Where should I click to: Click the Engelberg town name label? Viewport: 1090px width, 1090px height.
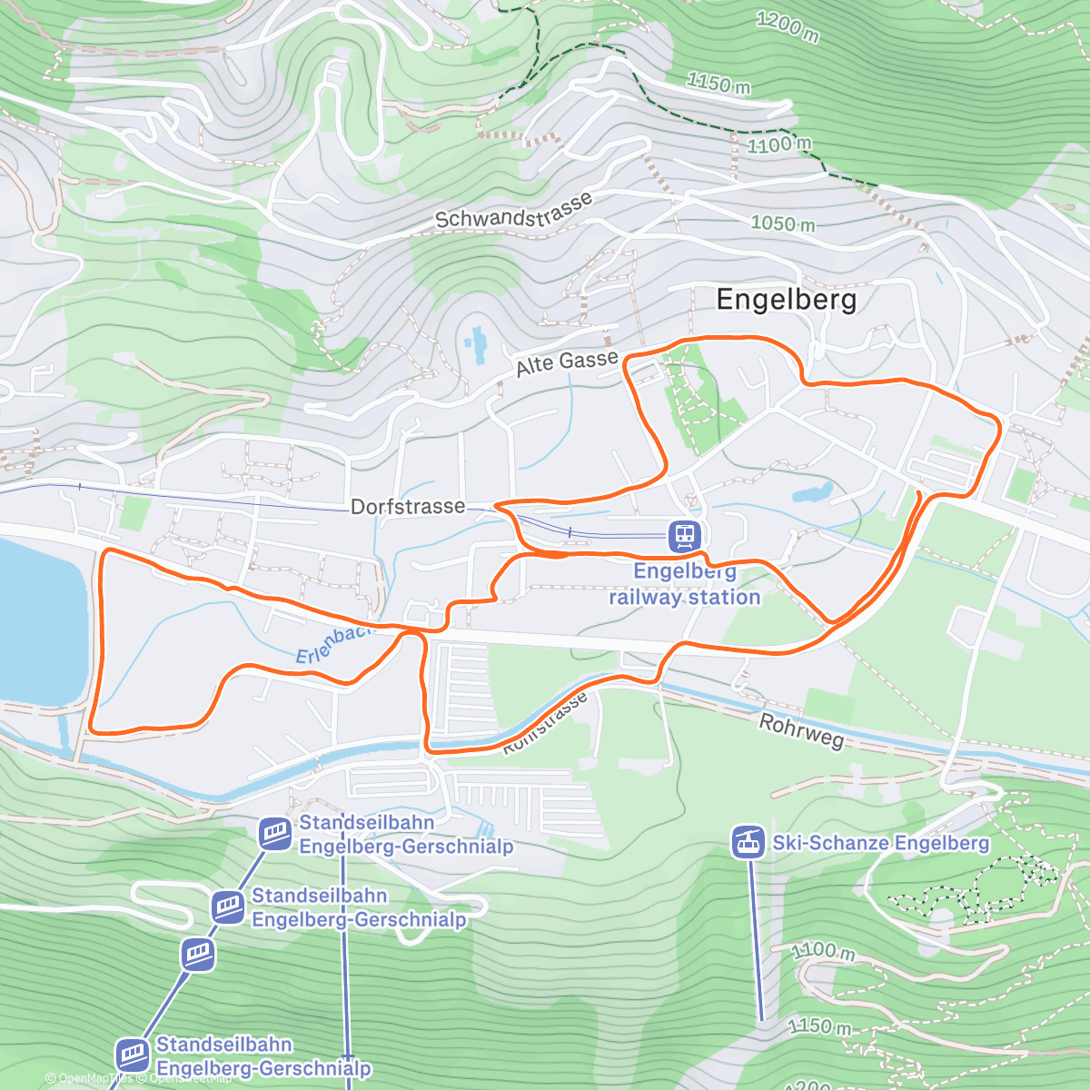coord(786,300)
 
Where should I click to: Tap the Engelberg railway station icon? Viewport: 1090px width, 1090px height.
coord(684,536)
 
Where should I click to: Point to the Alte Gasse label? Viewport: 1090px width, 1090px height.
coord(567,363)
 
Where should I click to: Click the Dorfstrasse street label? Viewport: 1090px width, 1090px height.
coord(408,507)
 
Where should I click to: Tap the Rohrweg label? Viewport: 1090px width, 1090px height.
coord(801,729)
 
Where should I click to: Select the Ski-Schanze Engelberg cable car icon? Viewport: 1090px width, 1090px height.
coord(748,842)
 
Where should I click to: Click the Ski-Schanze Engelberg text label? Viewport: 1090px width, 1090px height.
coord(880,843)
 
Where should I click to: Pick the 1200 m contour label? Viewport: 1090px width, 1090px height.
coord(788,27)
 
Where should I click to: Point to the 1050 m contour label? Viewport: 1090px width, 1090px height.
coord(783,223)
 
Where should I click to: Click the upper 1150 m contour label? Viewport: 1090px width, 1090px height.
coord(718,84)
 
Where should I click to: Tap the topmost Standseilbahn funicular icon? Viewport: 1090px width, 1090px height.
coord(274,832)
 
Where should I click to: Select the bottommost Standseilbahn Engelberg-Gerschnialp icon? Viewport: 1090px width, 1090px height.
coord(133,1055)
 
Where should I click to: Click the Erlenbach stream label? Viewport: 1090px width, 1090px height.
coord(331,642)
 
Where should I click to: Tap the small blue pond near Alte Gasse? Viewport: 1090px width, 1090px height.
coord(474,345)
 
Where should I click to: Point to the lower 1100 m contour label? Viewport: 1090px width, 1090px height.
coord(822,951)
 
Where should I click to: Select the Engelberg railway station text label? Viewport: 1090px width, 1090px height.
coord(684,584)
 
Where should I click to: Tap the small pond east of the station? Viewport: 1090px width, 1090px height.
coord(811,494)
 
